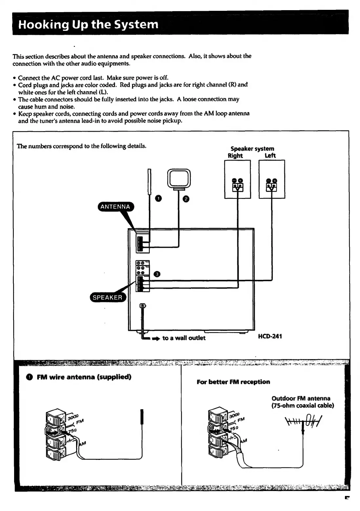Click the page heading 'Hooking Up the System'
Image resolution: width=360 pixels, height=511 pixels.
point(89,25)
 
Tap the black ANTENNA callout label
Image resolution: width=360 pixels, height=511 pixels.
point(115,207)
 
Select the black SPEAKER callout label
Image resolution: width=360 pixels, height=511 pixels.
point(107,297)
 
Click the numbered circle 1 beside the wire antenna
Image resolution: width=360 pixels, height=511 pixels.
point(158,198)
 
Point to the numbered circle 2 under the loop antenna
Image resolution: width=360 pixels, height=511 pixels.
point(185,199)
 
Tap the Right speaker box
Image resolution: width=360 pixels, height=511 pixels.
point(237,179)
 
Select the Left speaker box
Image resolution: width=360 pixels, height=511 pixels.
point(272,179)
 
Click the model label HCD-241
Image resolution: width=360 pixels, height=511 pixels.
point(270,336)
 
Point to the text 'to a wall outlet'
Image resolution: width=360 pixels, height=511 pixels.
point(184,338)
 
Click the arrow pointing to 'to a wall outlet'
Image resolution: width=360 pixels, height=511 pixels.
point(156,338)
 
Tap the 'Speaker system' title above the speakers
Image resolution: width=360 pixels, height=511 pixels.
point(252,148)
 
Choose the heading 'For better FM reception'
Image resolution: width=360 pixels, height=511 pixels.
point(233,382)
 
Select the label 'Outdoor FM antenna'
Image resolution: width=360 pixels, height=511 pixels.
point(301,399)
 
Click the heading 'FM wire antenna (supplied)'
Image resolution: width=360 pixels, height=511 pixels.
point(84,377)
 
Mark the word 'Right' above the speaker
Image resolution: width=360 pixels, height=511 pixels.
point(235,155)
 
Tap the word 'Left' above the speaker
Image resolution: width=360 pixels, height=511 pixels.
point(270,155)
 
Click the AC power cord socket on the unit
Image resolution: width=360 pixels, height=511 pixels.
point(142,306)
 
